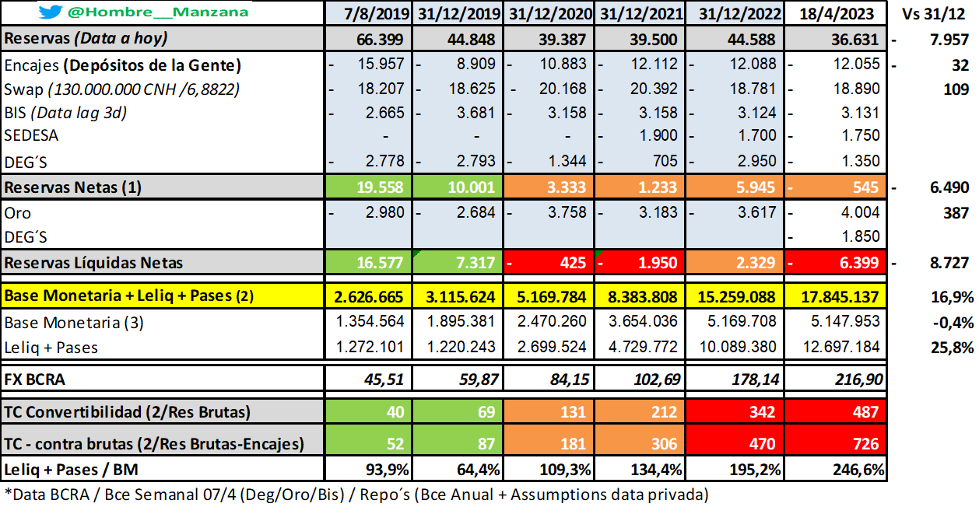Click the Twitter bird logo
point(51,12)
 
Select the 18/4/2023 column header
point(837,13)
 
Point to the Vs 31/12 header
point(937,13)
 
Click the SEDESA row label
point(31,135)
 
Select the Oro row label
point(18,213)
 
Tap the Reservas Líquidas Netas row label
point(93,263)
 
